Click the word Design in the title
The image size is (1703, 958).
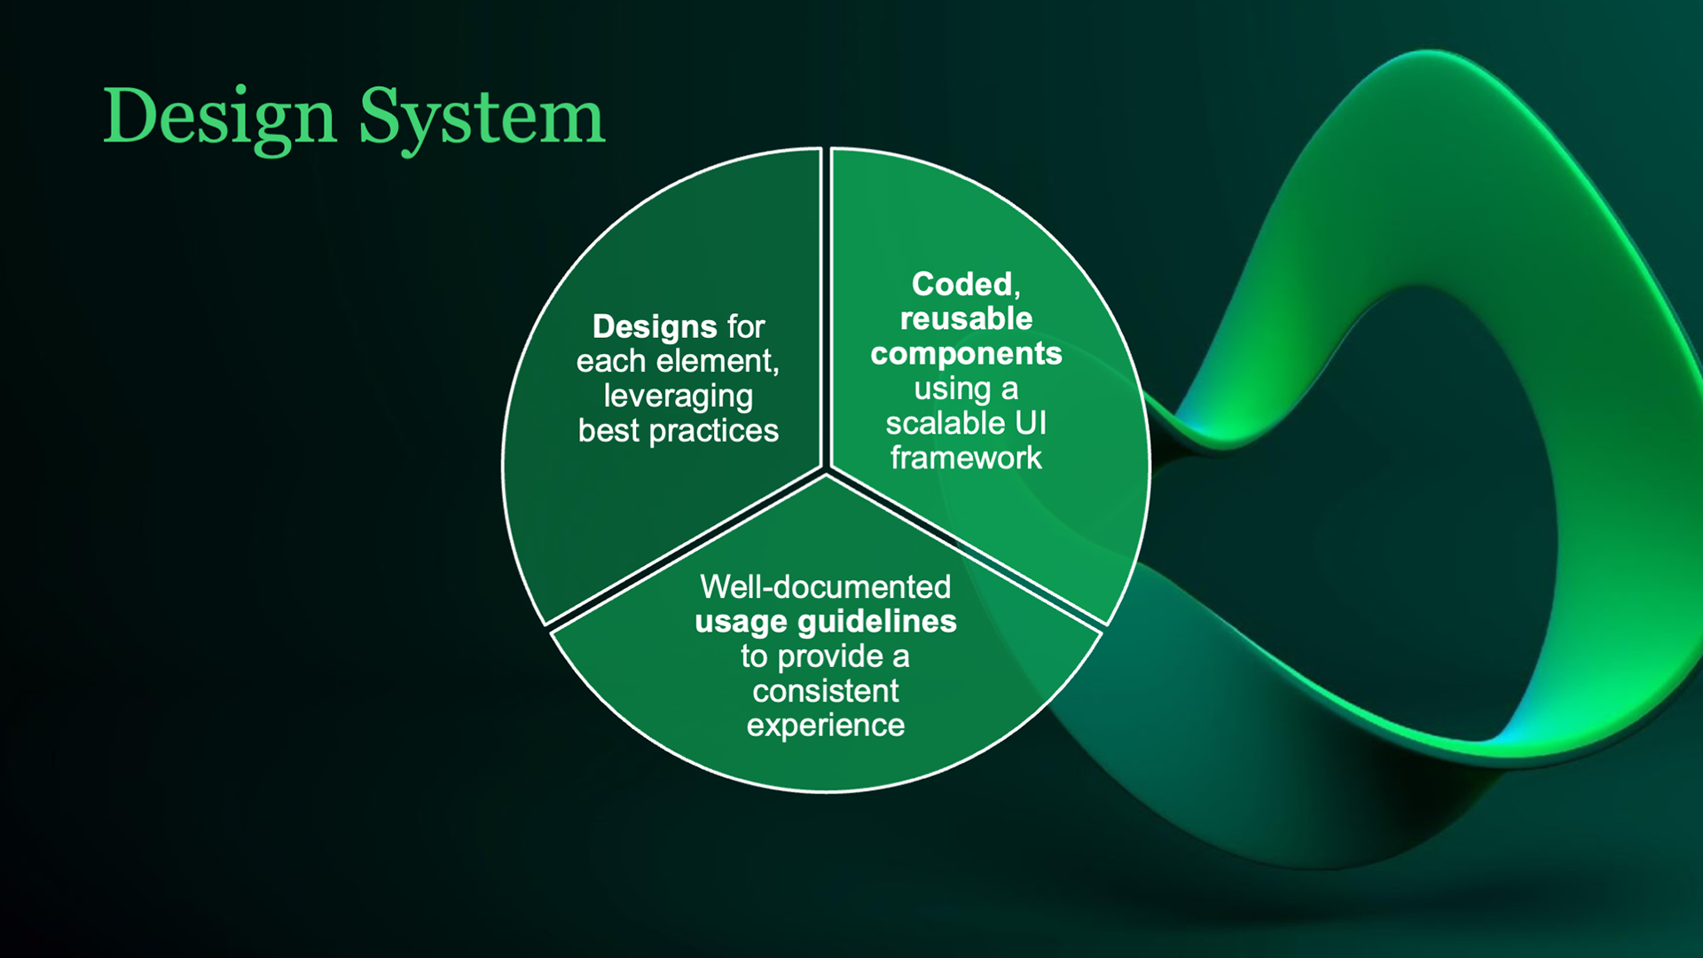[219, 116]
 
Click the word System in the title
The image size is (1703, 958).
[482, 116]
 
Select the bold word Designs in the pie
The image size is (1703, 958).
[655, 326]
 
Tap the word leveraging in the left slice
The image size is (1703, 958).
[679, 396]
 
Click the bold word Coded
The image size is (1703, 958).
[962, 284]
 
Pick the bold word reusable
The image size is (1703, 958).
[966, 318]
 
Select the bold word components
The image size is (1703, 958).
[966, 353]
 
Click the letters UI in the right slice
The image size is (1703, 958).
[1031, 423]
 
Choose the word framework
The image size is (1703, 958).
[966, 458]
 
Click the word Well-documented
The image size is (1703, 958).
[825, 586]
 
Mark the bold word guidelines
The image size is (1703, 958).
[877, 621]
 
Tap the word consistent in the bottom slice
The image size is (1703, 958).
[826, 690]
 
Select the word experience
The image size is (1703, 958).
[826, 725]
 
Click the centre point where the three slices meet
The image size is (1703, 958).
[827, 470]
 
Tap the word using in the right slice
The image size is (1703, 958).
[953, 389]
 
